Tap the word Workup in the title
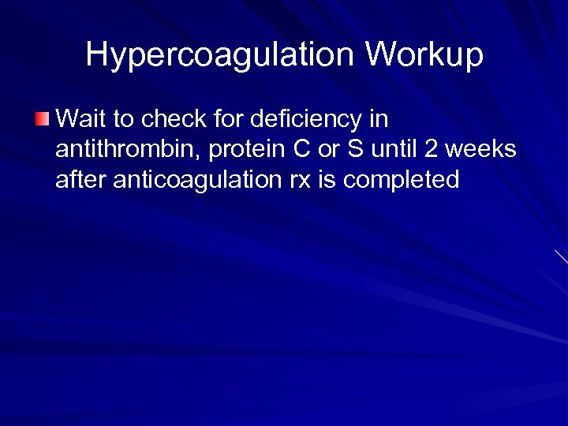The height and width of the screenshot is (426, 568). click(x=424, y=55)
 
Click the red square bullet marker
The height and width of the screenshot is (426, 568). click(x=41, y=120)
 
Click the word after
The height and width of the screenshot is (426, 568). click(x=81, y=180)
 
